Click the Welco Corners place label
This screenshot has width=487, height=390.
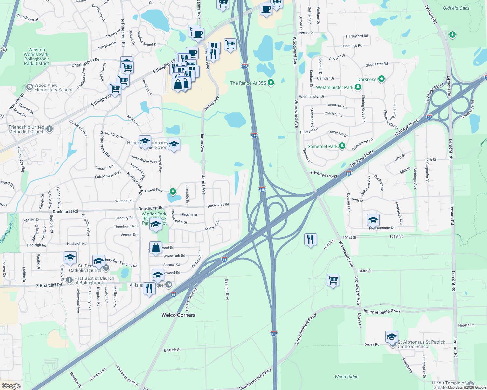click(x=178, y=315)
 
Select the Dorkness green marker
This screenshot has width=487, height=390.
click(x=382, y=79)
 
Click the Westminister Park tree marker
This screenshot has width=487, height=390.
click(x=358, y=87)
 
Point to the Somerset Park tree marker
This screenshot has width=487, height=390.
click(x=342, y=146)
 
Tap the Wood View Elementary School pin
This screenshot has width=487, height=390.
click(x=30, y=87)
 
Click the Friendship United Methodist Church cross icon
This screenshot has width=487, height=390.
click(x=49, y=129)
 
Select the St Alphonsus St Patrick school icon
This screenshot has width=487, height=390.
click(x=391, y=337)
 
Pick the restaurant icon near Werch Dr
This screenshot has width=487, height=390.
click(x=311, y=240)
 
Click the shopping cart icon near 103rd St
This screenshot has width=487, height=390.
click(x=333, y=280)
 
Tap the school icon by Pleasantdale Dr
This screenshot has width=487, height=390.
click(x=373, y=220)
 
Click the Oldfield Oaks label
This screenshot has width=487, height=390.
click(x=456, y=8)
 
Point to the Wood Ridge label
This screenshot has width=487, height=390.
click(x=346, y=377)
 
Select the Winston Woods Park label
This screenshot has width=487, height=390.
click(x=36, y=57)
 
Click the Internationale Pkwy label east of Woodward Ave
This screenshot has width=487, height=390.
click(x=382, y=311)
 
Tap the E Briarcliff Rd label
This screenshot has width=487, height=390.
click(x=49, y=285)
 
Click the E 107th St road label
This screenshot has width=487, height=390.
click(x=172, y=350)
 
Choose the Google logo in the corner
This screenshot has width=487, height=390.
click(x=11, y=386)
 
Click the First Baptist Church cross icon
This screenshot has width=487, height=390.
click(x=69, y=279)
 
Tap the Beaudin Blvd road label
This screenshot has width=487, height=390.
click(x=227, y=289)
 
